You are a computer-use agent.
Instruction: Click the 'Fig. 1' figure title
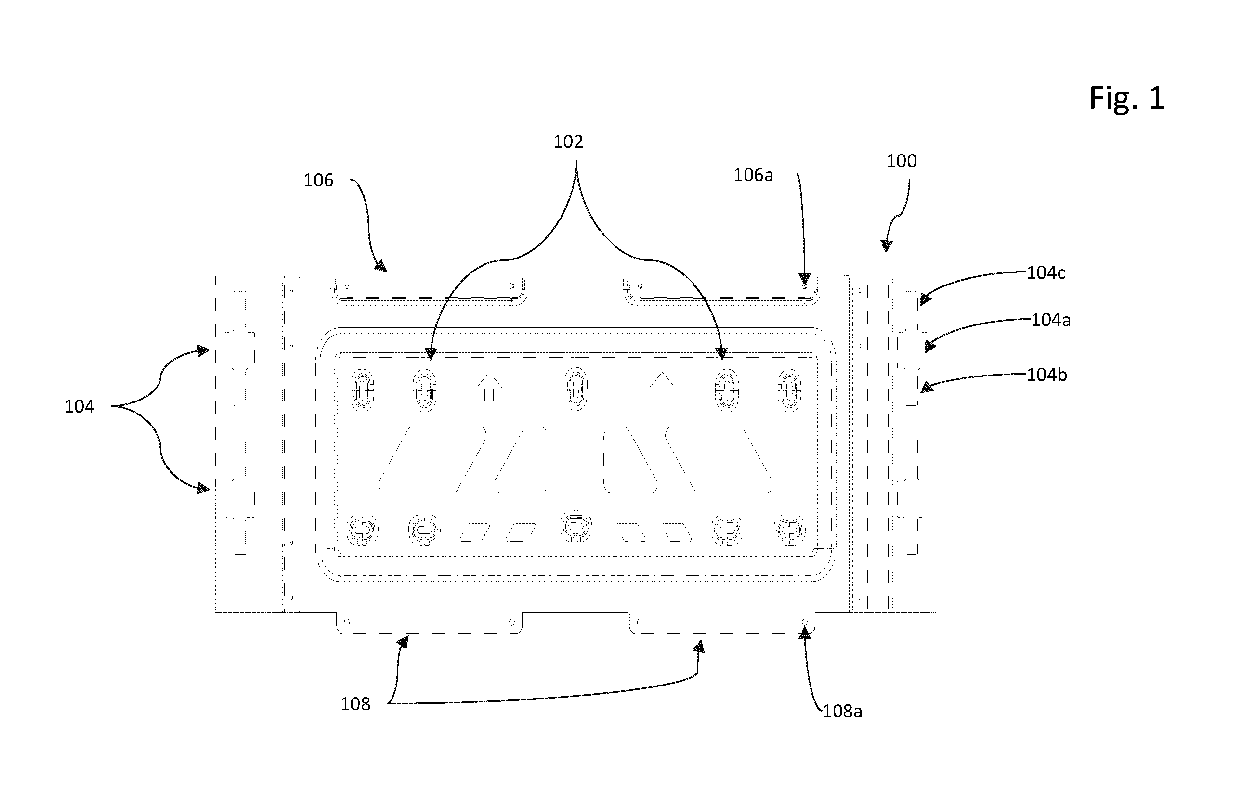(1126, 98)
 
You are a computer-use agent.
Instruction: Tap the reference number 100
(902, 161)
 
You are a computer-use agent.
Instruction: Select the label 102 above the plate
(568, 142)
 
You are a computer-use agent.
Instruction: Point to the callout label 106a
(753, 175)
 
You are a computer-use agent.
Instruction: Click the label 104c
(1046, 272)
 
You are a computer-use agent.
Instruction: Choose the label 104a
(1051, 320)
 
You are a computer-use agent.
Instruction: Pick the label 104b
(1047, 375)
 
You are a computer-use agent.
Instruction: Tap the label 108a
(842, 711)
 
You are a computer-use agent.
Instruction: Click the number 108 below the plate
(355, 704)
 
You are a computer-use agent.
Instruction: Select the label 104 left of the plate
(79, 406)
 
